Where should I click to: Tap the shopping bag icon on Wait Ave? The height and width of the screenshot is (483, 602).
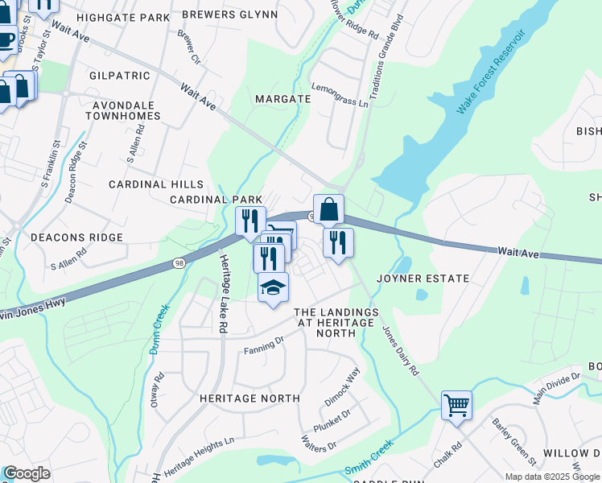(x=328, y=210)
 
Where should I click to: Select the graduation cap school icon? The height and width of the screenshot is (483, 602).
(x=273, y=287)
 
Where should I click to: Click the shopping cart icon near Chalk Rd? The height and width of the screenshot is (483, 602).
(x=456, y=404)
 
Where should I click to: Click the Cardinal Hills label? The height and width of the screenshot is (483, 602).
(x=157, y=184)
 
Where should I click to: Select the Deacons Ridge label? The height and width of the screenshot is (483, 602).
(x=76, y=237)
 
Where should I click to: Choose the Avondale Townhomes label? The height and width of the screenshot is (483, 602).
(x=126, y=110)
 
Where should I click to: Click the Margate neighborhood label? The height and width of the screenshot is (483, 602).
(x=282, y=99)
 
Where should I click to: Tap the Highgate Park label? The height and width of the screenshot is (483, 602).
(x=121, y=16)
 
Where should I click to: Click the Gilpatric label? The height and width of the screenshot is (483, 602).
(x=121, y=76)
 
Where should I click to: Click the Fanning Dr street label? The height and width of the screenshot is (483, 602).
(x=265, y=345)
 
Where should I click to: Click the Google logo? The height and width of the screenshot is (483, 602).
(x=27, y=473)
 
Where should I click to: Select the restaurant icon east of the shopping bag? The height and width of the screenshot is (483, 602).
(x=338, y=242)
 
